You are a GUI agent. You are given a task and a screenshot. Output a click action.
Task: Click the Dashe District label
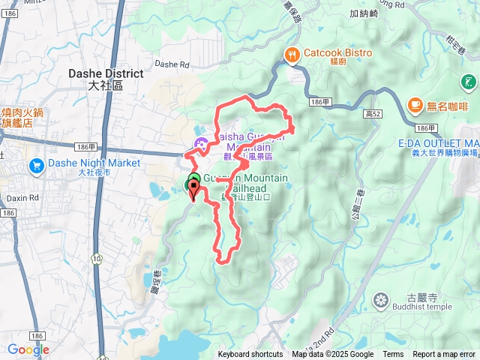[x=105, y=73]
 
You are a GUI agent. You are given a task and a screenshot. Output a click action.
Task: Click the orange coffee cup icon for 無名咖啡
[x=414, y=104]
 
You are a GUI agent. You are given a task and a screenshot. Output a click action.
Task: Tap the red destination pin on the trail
[x=193, y=191]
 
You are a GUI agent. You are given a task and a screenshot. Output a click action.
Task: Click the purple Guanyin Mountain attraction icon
[x=200, y=144]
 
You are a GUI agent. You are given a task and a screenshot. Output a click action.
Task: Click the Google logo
[x=28, y=349]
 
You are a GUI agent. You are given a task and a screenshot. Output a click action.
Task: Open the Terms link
[x=393, y=355]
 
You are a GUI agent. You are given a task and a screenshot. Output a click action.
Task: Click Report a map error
[x=444, y=355]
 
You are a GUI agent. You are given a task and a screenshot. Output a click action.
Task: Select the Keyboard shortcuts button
[x=250, y=355]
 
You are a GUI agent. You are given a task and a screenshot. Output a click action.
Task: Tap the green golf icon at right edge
[x=468, y=82]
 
